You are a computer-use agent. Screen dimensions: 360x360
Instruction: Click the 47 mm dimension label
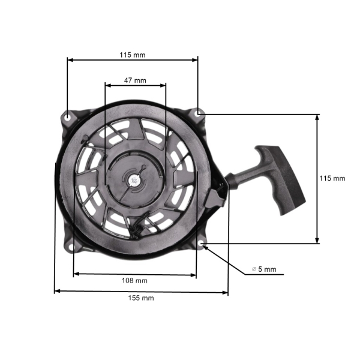(135, 80)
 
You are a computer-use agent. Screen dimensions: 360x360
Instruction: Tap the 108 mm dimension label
(135, 280)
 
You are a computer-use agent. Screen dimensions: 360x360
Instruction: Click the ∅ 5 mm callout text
(264, 269)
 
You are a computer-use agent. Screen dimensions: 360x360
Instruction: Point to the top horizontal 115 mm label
(132, 55)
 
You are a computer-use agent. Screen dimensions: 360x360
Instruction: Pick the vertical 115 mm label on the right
(332, 178)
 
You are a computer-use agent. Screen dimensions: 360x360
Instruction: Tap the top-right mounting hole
(198, 112)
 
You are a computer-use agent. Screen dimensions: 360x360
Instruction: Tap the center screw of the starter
(133, 178)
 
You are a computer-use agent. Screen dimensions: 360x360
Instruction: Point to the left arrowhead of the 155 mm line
(56, 292)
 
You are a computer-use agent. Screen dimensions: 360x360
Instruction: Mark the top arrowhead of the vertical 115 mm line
(317, 116)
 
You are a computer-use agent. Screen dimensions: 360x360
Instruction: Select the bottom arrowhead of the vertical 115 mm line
(317, 241)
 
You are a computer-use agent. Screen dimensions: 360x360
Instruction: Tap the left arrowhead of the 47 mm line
(107, 85)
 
